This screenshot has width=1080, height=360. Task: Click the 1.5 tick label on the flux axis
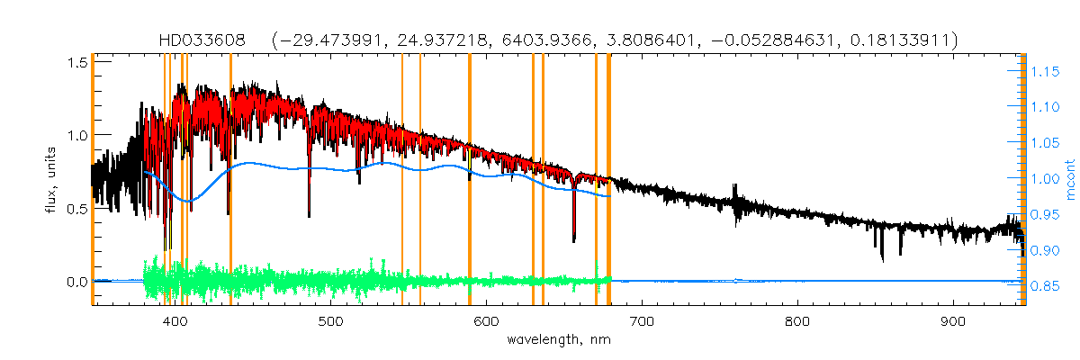tap(77, 62)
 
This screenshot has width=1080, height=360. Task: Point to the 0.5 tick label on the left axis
tap(77, 209)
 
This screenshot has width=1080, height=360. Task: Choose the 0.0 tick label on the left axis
tap(77, 282)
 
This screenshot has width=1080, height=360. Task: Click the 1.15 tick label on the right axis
tap(1045, 71)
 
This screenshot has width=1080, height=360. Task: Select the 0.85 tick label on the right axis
tap(1045, 286)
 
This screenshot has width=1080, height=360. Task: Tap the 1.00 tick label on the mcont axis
tap(1045, 178)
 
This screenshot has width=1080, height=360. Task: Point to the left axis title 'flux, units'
tap(51, 171)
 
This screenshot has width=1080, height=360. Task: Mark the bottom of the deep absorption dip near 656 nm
tap(574, 240)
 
